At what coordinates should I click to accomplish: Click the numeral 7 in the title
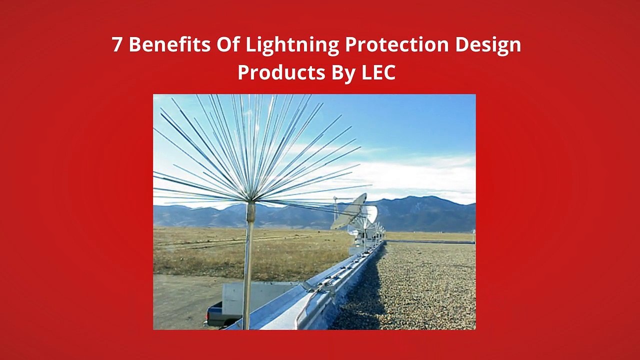[116, 45]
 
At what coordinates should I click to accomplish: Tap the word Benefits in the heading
[169, 45]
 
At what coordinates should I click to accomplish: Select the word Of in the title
[228, 45]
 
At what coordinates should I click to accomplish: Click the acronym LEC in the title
[378, 72]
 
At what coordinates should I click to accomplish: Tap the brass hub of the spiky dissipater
[250, 212]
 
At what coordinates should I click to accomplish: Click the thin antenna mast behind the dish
[335, 210]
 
